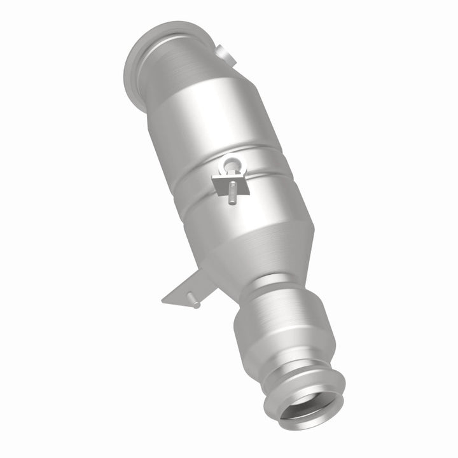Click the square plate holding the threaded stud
pyautogui.click(x=223, y=184)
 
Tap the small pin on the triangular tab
pyautogui.click(x=196, y=305)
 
